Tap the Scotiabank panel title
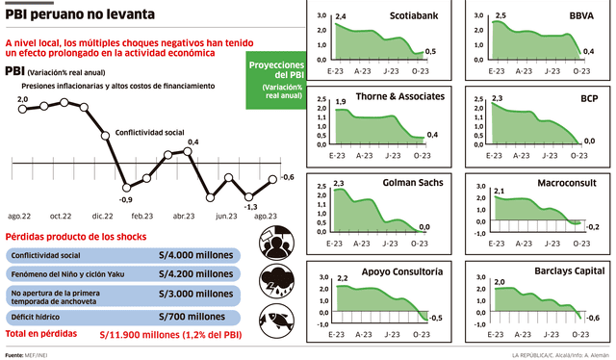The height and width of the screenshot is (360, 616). [417, 16]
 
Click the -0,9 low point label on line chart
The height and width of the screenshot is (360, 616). [125, 199]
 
